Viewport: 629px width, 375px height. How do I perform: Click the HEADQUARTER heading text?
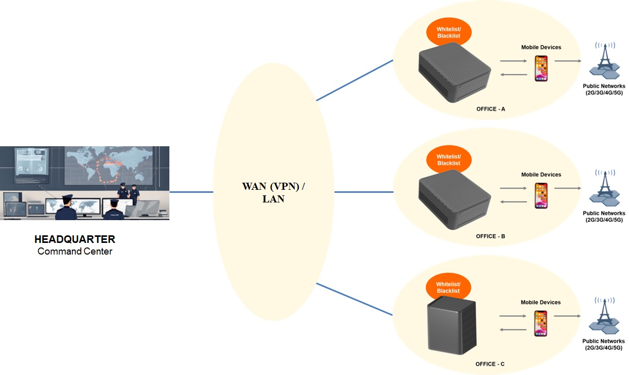pos(74,239)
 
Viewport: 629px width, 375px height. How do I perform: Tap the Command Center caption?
pos(74,251)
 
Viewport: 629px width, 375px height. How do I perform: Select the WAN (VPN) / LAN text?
pos(274,192)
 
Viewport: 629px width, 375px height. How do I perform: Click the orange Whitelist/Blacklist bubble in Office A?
pos(448,32)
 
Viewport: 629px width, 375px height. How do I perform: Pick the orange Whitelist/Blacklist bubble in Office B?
pos(448,160)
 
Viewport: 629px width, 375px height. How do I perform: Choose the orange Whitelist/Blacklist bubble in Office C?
pos(448,287)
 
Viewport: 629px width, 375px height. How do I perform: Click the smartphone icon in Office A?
pos(541,68)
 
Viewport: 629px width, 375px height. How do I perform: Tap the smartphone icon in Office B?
pos(541,196)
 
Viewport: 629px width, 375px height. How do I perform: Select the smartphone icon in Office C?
pos(541,323)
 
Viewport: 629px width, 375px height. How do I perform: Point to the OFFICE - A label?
pos(490,109)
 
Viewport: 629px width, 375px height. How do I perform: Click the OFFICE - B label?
pos(490,236)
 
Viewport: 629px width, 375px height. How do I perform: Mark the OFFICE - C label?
pos(490,364)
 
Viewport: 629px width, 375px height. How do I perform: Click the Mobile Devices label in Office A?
pos(541,48)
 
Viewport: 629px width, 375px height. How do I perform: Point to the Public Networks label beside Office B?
pos(604,217)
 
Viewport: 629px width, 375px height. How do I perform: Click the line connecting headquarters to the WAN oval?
pos(191,192)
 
